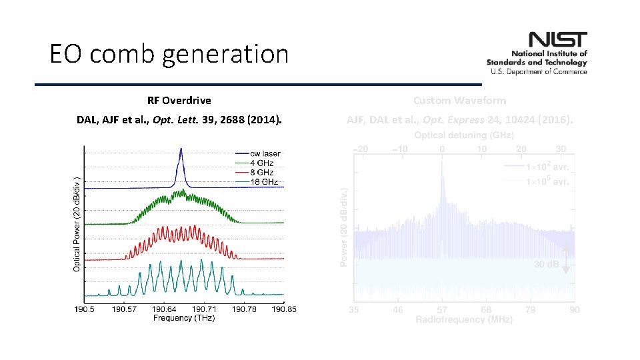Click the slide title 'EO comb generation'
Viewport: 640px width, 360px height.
pyautogui.click(x=169, y=53)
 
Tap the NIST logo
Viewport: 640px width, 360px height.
pyautogui.click(x=537, y=53)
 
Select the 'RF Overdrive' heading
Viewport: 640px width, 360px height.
pyautogui.click(x=179, y=101)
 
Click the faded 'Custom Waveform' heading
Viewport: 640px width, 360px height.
pyautogui.click(x=459, y=101)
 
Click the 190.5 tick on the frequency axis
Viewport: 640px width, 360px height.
pyautogui.click(x=85, y=309)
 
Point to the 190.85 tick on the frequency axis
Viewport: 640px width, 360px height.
pyautogui.click(x=283, y=309)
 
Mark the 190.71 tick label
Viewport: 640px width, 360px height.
pyautogui.click(x=204, y=309)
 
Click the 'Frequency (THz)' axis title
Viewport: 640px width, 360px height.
pyautogui.click(x=183, y=318)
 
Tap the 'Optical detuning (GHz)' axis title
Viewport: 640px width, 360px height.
pyautogui.click(x=464, y=135)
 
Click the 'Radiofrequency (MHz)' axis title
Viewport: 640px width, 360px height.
pyautogui.click(x=464, y=320)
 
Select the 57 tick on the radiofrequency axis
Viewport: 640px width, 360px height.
pyautogui.click(x=442, y=310)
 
